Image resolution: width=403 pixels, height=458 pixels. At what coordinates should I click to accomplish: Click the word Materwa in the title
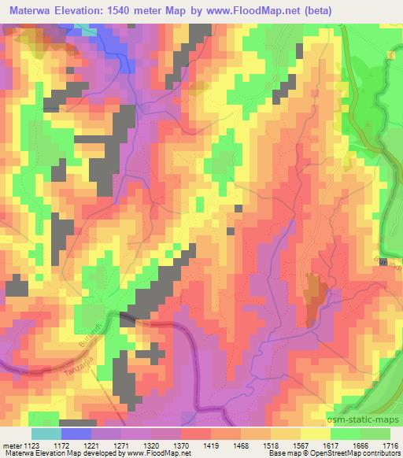(x=31, y=10)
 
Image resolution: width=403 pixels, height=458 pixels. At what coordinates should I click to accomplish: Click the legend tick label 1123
(x=31, y=445)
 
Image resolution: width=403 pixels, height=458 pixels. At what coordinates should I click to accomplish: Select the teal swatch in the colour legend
(x=46, y=434)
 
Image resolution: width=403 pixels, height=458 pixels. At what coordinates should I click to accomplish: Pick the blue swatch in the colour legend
(x=76, y=434)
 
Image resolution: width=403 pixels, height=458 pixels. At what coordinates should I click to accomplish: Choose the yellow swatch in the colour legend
(x=315, y=434)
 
